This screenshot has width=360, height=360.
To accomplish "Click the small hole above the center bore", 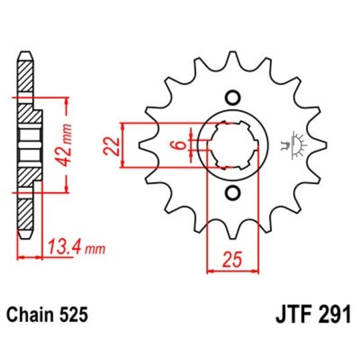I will [x=232, y=97].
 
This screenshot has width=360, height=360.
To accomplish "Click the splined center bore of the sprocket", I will [x=232, y=145].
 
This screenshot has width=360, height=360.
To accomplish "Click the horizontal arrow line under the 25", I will [x=232, y=271].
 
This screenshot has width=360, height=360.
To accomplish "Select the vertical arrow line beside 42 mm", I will [x=66, y=145].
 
